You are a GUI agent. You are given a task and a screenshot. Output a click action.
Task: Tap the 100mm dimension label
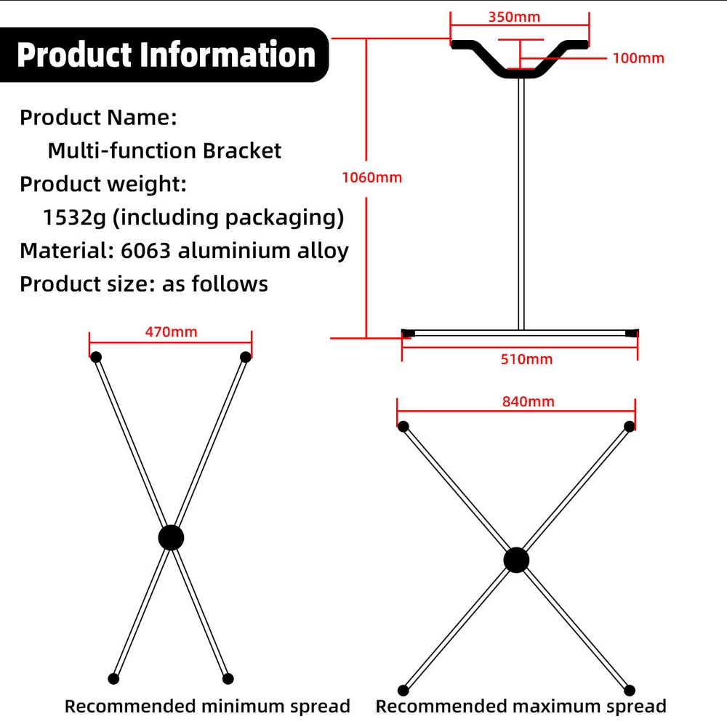pos(638,58)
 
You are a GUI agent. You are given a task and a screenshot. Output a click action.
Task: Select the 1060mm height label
pos(371,177)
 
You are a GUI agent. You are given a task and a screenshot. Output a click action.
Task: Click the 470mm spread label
pos(171,332)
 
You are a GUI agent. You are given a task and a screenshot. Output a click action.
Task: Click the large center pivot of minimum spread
pos(171,538)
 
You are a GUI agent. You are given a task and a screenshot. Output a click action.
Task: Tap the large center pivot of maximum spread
pos(516,560)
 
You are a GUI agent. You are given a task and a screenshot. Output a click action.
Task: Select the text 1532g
pos(73,217)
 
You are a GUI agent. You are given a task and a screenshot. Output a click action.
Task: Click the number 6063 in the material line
pos(145,251)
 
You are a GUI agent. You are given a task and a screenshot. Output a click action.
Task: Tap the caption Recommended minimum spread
pos(207,706)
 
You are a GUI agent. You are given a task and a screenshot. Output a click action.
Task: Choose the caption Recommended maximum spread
pos(521,706)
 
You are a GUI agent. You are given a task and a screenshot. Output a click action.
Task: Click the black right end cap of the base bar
pos(632,333)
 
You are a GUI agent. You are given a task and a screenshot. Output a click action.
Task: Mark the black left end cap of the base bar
pos(408,333)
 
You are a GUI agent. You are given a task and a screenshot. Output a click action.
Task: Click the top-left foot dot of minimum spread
pos(95,356)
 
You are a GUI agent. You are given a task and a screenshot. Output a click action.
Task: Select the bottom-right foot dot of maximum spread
pos(630,690)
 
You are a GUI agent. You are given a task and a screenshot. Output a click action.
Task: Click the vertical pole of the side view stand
pos(521,204)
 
